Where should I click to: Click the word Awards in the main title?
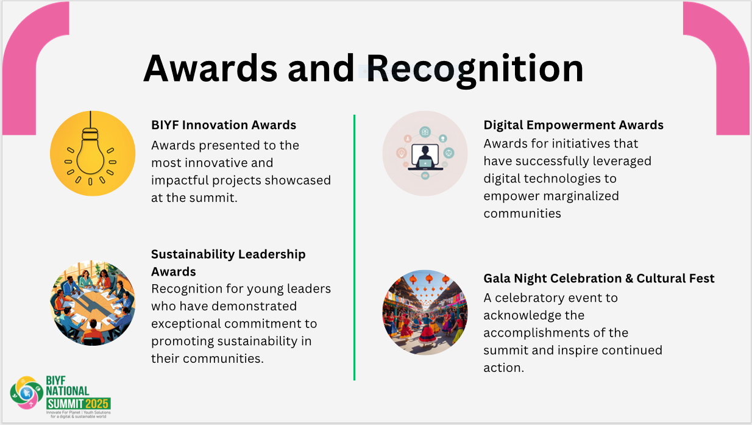(210, 68)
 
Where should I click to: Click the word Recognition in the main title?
(475, 70)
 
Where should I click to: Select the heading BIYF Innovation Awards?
(224, 125)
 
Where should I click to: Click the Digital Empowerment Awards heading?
(573, 125)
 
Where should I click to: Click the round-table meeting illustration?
(93, 303)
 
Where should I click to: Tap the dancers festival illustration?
(425, 312)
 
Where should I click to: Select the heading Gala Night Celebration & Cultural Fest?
(599, 279)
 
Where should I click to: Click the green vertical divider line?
(354, 248)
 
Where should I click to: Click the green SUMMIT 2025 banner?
(79, 404)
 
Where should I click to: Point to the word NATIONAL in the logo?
(68, 391)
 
